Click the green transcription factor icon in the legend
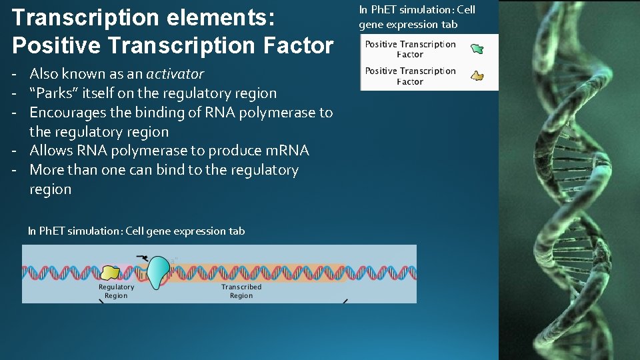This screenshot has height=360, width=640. click(x=477, y=49)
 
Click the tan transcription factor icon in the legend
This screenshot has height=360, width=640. click(x=477, y=76)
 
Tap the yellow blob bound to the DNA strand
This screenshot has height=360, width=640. click(x=110, y=272)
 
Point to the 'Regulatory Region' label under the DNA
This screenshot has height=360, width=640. click(x=116, y=291)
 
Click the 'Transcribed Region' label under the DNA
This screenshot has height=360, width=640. click(x=241, y=291)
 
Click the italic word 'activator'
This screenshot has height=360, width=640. click(x=175, y=74)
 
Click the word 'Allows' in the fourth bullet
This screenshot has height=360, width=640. click(x=51, y=151)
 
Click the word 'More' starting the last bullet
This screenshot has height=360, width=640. click(x=47, y=170)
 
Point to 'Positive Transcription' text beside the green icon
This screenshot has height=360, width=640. click(x=410, y=45)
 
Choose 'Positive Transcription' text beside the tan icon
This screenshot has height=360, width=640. click(x=410, y=71)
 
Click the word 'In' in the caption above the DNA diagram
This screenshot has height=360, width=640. click(x=32, y=231)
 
